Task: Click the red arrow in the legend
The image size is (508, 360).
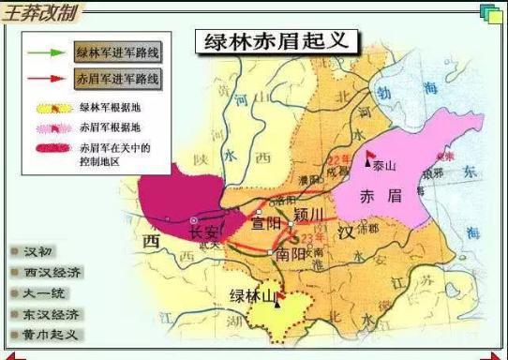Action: (44, 77)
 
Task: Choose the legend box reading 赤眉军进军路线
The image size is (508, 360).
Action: (117, 77)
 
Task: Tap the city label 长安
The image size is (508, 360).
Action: (203, 232)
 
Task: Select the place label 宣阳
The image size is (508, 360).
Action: (265, 225)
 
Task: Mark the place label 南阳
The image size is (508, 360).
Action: (291, 254)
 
